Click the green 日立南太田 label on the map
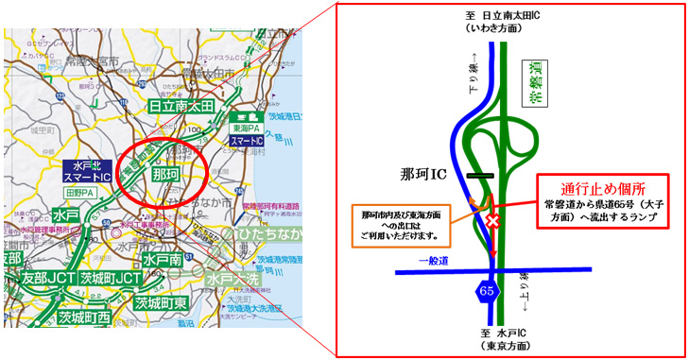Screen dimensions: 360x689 point(184,107)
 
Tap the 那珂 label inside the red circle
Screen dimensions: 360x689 point(165,176)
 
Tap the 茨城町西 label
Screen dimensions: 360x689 point(81,317)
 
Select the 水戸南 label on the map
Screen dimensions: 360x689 point(163,259)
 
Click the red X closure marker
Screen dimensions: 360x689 point(491,221)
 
